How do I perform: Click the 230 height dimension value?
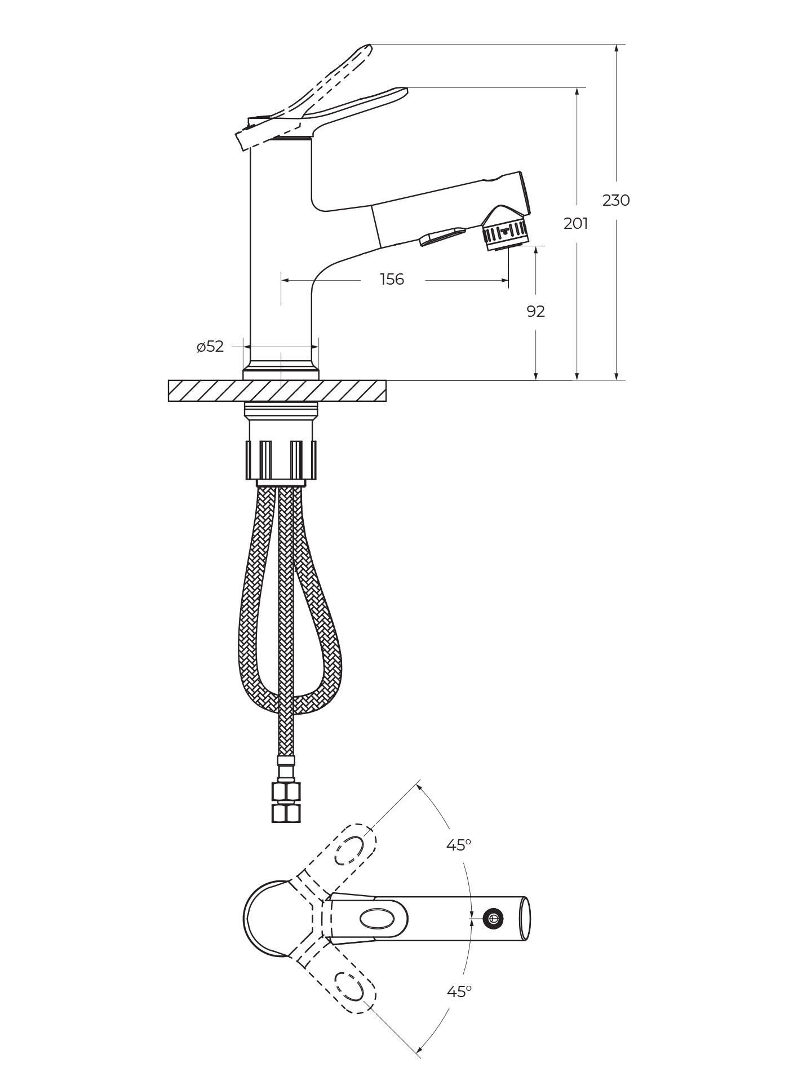[616, 200]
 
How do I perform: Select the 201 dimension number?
[575, 224]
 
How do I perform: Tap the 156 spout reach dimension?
[392, 280]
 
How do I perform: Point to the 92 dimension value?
[535, 311]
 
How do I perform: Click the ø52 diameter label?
[210, 347]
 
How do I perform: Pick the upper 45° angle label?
[459, 845]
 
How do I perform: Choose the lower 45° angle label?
[459, 991]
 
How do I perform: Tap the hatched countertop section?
[277, 391]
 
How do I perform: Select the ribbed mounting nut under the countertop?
[281, 460]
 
